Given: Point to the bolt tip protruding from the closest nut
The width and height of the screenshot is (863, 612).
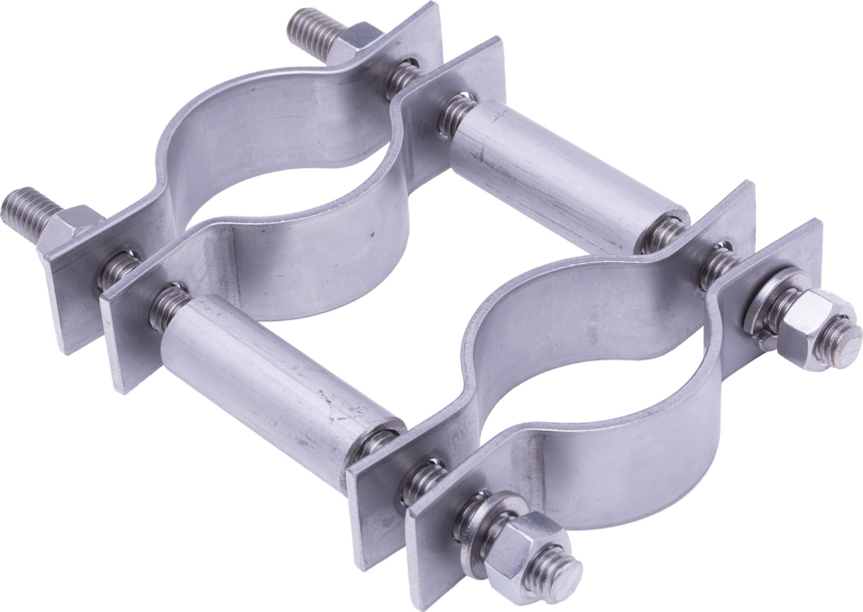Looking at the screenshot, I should click(x=565, y=575).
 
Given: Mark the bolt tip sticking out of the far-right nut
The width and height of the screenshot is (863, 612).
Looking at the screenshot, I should click(x=846, y=338).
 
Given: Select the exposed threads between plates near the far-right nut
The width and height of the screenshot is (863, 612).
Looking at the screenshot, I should click(x=719, y=262).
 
